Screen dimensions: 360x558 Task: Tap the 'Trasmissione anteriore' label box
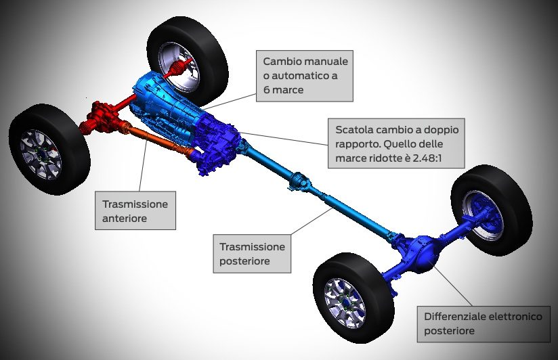[x=135, y=210]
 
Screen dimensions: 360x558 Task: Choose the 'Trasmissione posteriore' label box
[x=253, y=254]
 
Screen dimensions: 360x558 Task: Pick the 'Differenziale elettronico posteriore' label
[x=483, y=323]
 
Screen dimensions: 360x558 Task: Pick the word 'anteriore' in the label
[x=125, y=218]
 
